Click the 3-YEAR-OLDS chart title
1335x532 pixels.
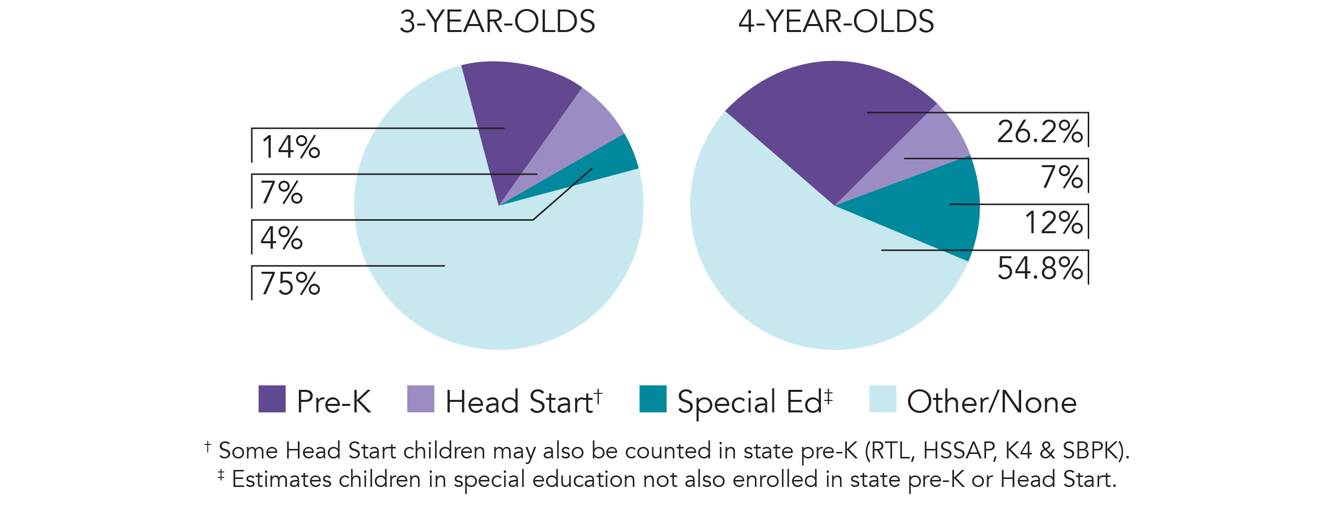pyautogui.click(x=497, y=22)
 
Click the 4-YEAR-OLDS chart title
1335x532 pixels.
pyautogui.click(x=836, y=22)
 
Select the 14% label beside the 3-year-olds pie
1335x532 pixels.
pyautogui.click(x=291, y=147)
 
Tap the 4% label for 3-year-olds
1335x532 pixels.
pyautogui.click(x=281, y=238)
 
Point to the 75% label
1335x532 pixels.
pyautogui.click(x=290, y=284)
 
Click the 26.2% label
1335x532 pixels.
pyautogui.click(x=1040, y=132)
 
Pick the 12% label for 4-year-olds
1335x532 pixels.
pyautogui.click(x=1054, y=223)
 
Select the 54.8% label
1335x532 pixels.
pyautogui.click(x=1040, y=269)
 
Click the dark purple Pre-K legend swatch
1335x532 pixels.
pyautogui.click(x=272, y=399)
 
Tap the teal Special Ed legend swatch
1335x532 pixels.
pyautogui.click(x=652, y=399)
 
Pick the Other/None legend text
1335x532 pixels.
pyautogui.click(x=992, y=402)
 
